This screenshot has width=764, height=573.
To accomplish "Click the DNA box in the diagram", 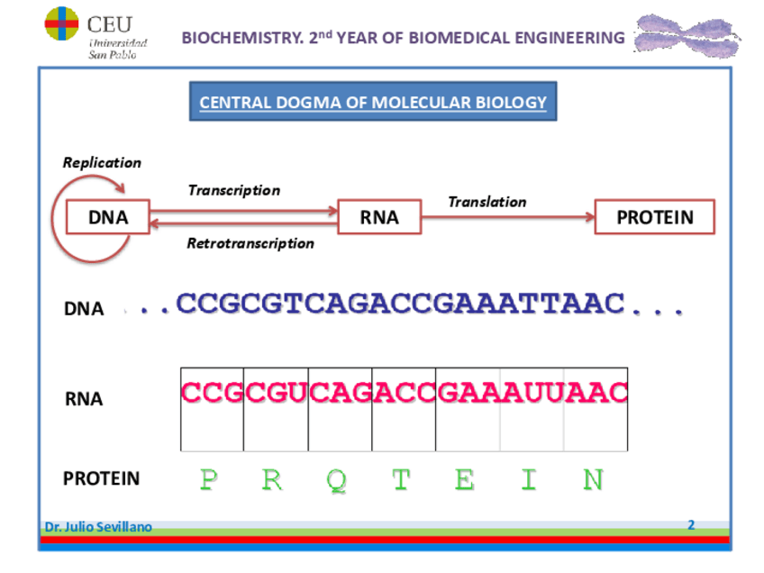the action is click(x=107, y=217).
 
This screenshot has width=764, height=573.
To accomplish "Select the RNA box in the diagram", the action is click(x=379, y=217).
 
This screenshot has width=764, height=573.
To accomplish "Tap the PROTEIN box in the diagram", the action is click(x=655, y=217).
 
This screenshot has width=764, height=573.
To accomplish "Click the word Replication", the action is click(x=102, y=163).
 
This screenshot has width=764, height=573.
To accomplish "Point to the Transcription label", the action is click(x=233, y=190).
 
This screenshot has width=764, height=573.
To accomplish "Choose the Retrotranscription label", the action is click(x=250, y=243).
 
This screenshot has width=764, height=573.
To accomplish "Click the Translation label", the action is click(x=487, y=202).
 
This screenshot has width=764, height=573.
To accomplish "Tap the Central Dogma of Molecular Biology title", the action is click(x=373, y=102).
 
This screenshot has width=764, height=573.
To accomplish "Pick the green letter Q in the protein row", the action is click(x=336, y=479).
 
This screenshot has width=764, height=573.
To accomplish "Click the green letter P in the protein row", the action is click(x=208, y=479).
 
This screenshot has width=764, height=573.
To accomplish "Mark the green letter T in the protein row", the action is click(x=400, y=479).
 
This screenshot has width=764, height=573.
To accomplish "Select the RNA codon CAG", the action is click(x=340, y=393).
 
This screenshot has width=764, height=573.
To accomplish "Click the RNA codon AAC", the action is click(x=596, y=393).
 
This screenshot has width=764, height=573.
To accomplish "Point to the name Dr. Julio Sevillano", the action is click(x=98, y=527).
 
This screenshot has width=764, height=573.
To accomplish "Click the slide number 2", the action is click(x=691, y=524).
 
